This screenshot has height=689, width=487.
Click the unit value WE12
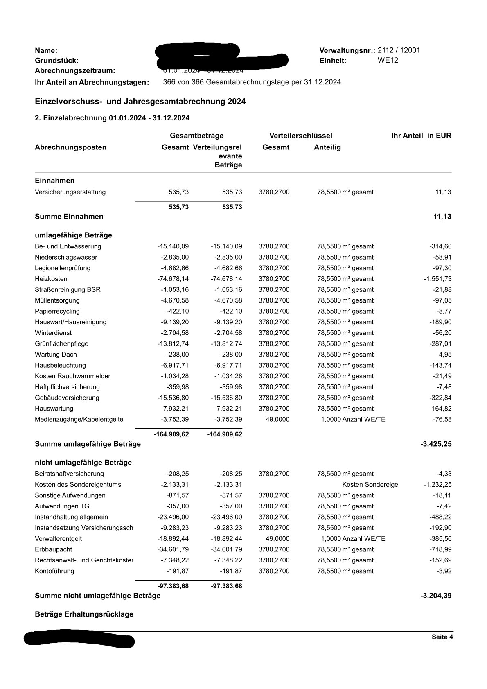388,61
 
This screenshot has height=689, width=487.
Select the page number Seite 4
442,637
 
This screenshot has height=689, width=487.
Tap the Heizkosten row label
51,279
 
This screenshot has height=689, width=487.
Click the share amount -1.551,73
437,279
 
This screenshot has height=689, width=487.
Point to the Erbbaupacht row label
53,549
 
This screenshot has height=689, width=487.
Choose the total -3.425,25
436,444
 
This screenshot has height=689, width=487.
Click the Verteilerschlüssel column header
300,136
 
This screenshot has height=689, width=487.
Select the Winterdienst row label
53,333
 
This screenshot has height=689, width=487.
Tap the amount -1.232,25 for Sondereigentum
437,485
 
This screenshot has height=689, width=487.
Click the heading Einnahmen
54,181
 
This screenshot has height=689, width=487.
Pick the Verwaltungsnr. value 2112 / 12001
399,50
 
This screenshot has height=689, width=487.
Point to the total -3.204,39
436,596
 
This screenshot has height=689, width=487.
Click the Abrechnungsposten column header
70,147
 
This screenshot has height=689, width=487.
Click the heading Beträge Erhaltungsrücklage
84,614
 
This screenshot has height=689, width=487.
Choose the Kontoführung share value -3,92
444,571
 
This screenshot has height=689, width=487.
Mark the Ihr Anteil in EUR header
421,136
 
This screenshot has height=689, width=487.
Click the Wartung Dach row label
56,355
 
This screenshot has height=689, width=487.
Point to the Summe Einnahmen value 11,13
442,217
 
